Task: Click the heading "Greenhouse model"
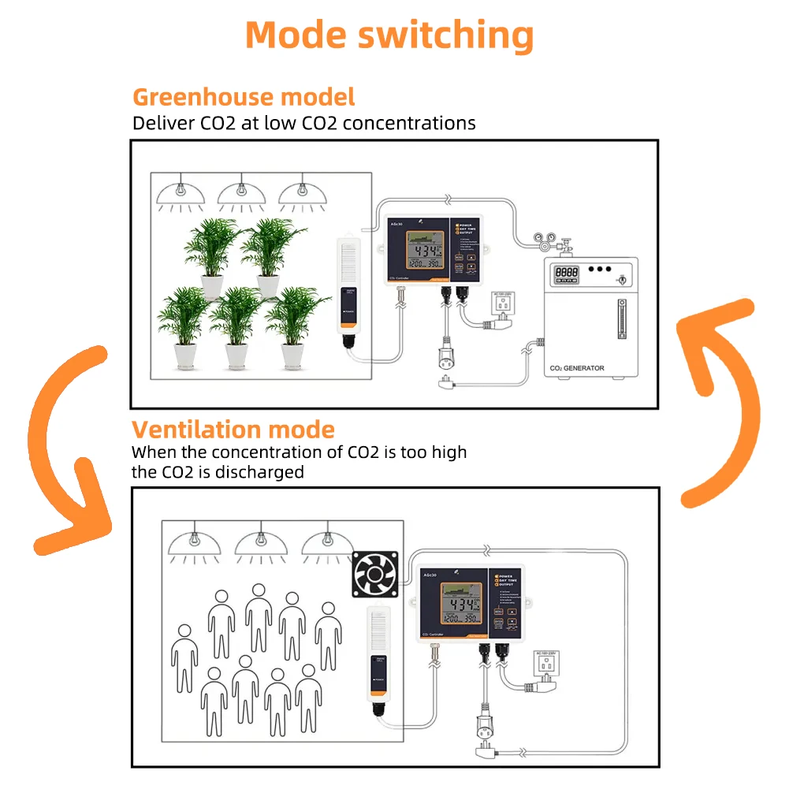243,97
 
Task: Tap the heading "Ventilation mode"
233,430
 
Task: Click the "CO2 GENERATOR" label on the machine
578,368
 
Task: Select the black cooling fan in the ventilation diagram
375,572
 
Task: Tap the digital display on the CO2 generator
566,273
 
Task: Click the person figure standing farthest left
184,657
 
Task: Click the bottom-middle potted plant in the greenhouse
236,327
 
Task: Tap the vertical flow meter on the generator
620,319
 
